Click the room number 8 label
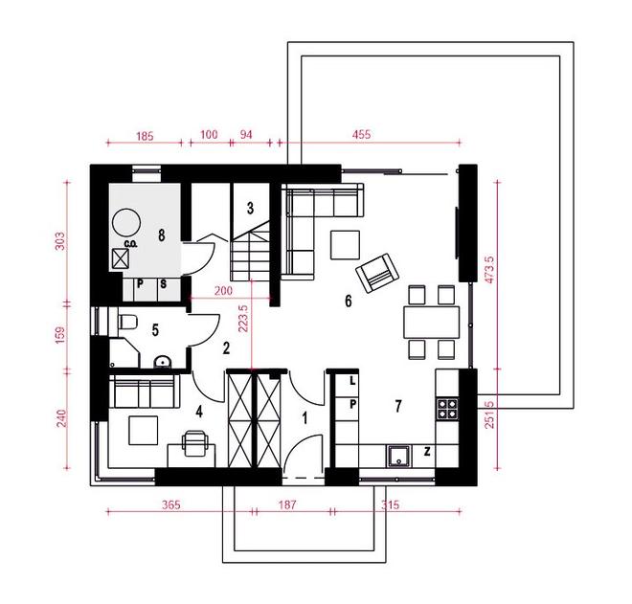pyautogui.click(x=162, y=235)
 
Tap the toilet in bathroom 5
pyautogui.click(x=127, y=322)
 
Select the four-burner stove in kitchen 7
pyautogui.click(x=447, y=409)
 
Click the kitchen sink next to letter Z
pyautogui.click(x=399, y=456)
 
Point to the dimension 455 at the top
pyautogui.click(x=361, y=134)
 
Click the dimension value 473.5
pyautogui.click(x=489, y=269)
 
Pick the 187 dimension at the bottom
pyautogui.click(x=287, y=504)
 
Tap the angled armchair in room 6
pyautogui.click(x=377, y=273)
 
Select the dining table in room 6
pyautogui.click(x=431, y=322)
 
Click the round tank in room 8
pyautogui.click(x=126, y=222)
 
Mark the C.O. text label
pyautogui.click(x=130, y=244)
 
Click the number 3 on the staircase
pyautogui.click(x=250, y=209)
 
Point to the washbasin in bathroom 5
pyautogui.click(x=163, y=362)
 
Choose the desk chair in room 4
pyautogui.click(x=195, y=442)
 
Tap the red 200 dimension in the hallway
pyautogui.click(x=223, y=291)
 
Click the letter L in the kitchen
pyautogui.click(x=352, y=380)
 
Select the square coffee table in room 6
pyautogui.click(x=345, y=245)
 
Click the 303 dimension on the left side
pyautogui.click(x=59, y=240)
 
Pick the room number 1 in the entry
pyautogui.click(x=305, y=418)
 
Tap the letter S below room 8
pyautogui.click(x=163, y=284)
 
